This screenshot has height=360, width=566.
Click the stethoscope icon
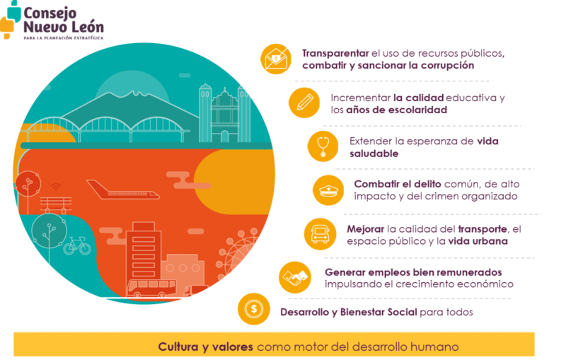pos(323,146)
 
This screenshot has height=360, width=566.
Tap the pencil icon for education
pos(305,103)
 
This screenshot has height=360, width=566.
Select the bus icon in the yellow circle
pos(320,234)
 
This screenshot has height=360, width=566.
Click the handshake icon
pos(295,277)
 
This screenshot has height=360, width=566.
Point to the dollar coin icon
pos(254,309)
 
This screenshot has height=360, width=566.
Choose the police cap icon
pos(328,190)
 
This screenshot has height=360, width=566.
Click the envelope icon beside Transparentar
pos(276,59)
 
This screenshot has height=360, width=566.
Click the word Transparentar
pos(335,53)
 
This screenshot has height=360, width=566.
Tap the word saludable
pos(374,153)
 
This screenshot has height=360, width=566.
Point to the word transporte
pos(483,229)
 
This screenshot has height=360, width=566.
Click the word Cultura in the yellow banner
pos(178,347)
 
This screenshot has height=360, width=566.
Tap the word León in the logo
pos(87,26)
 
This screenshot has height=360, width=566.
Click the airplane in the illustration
pos(122,190)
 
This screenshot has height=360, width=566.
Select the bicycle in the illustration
pos(77,245)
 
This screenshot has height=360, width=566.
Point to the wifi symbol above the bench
pos(56,187)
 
